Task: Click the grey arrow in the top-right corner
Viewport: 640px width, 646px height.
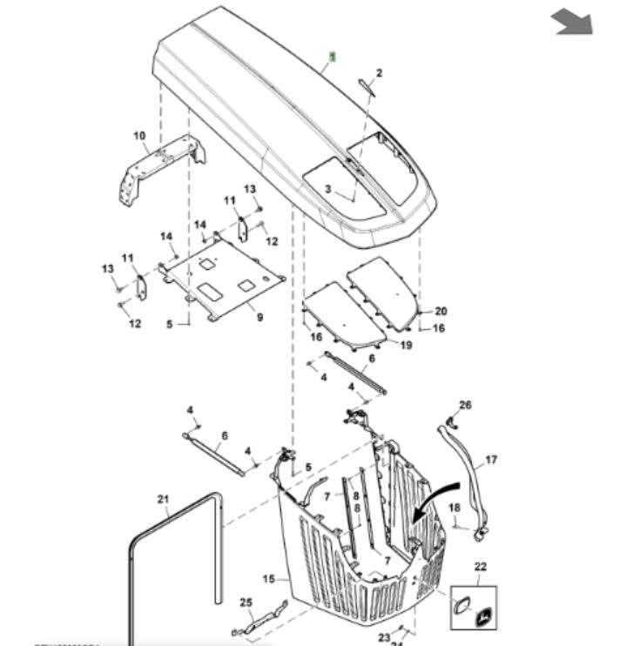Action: [x=572, y=22]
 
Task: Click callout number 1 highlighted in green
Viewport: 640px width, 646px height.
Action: [x=331, y=57]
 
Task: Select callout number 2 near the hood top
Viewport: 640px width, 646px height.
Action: [x=379, y=73]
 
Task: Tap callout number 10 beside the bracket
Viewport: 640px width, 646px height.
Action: [x=139, y=136]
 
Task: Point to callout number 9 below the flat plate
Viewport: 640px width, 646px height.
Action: [x=259, y=318]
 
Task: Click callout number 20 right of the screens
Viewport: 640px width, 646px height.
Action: [x=441, y=311]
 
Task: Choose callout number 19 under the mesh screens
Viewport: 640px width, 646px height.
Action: [x=406, y=345]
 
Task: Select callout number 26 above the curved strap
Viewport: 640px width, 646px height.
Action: [x=465, y=405]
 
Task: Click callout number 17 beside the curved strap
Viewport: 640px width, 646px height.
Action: [x=491, y=460]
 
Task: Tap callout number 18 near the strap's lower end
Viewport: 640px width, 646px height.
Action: [x=454, y=508]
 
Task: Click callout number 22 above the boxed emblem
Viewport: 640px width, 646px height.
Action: [x=481, y=567]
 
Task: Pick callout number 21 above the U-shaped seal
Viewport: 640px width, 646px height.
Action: [x=163, y=498]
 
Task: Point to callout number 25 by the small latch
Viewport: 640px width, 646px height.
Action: [x=246, y=602]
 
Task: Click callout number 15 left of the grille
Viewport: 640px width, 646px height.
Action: [x=268, y=578]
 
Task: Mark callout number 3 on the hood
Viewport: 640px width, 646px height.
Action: [x=328, y=189]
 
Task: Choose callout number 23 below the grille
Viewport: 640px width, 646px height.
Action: [x=384, y=637]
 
